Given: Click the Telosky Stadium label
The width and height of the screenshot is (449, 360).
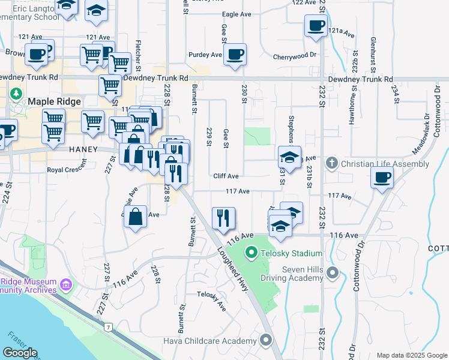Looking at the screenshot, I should tap(292, 254).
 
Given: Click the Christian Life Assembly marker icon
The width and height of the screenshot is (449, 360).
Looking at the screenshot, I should tap(332, 164).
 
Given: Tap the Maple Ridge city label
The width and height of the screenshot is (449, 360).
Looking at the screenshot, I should tap(54, 102).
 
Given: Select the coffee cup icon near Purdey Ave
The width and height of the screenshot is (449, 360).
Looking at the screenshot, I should tap(235, 54).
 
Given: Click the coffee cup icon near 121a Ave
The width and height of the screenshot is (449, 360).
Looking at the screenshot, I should tap(316, 25).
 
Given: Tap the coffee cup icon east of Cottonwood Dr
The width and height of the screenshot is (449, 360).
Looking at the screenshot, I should tap(381, 177).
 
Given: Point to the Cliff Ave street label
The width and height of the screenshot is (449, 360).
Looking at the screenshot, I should tap(226, 176).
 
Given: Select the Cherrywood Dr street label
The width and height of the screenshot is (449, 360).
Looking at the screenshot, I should tap(294, 55).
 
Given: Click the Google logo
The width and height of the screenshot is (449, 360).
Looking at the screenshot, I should tap(20, 353).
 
